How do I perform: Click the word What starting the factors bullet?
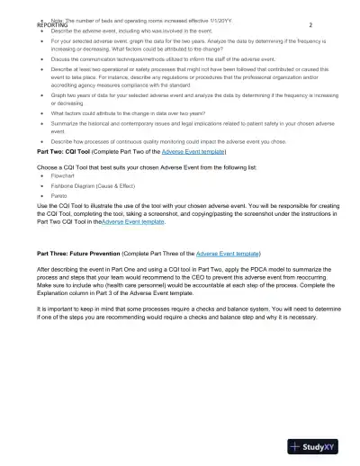coord(59,114)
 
